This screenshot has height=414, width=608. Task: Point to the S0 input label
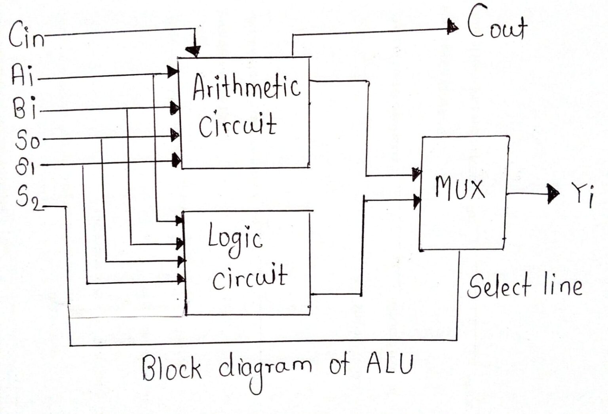[27, 139]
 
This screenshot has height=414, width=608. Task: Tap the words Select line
[524, 286]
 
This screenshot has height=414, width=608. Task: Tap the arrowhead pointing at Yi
[553, 194]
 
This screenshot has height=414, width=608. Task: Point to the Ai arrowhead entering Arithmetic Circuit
[173, 72]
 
